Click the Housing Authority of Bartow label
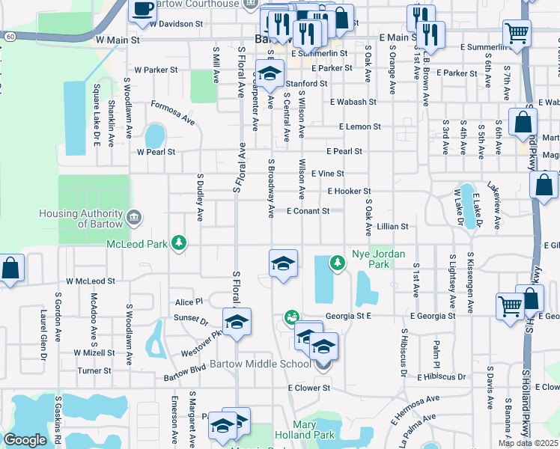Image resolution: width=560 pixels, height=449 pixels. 82,219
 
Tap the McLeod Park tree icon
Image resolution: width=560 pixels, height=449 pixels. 178,242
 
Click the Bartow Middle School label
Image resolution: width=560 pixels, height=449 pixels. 260,364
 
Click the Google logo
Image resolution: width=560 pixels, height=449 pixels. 25,441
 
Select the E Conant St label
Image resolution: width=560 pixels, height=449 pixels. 308,212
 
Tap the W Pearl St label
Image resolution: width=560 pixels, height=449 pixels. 155,152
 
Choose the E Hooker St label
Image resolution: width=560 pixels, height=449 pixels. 348,192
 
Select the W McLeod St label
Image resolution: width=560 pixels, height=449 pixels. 90,281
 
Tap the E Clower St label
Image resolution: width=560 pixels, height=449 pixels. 309,388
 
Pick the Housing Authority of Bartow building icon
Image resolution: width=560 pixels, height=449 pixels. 135,217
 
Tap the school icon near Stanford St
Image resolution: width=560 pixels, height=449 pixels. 268,73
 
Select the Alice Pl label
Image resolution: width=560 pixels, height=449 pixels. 189,302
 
